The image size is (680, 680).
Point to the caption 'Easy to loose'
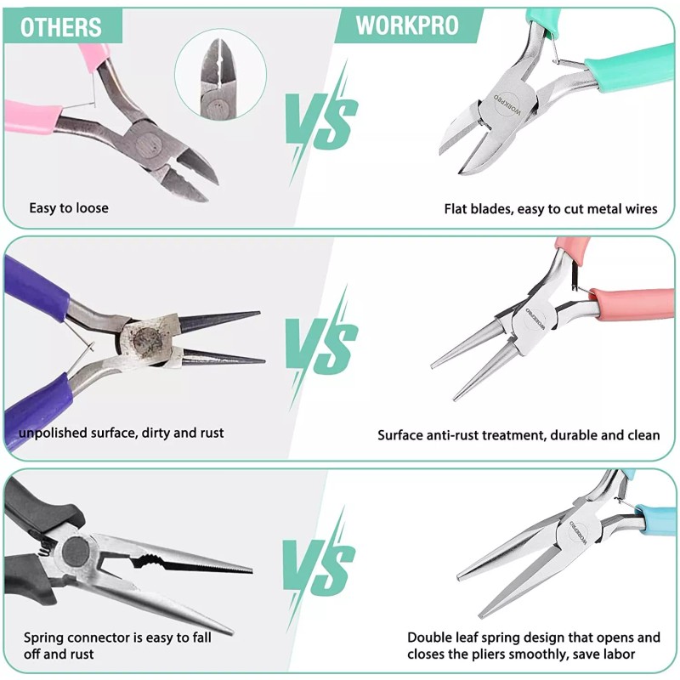[x=69, y=207]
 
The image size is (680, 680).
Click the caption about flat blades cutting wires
[x=551, y=208]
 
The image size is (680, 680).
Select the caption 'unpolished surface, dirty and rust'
[x=122, y=433]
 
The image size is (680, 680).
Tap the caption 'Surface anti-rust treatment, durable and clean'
[x=518, y=434]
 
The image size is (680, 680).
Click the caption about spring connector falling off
[x=117, y=645]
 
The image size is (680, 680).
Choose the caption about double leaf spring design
[x=534, y=645]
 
